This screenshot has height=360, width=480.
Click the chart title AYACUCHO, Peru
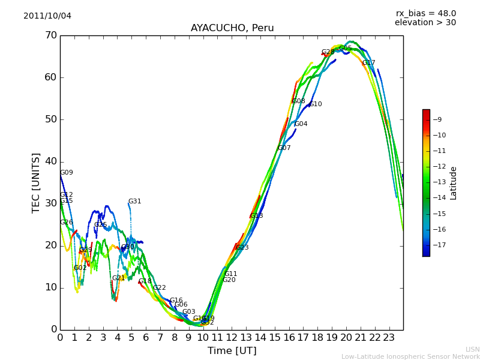[232, 28]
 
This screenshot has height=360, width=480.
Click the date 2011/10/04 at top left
[47, 16]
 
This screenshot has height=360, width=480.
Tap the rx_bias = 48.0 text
[425, 14]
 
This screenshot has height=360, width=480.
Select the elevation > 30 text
[425, 23]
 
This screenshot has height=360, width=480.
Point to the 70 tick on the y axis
[50, 35]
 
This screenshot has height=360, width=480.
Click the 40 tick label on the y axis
[50, 161]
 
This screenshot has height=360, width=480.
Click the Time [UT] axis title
[232, 351]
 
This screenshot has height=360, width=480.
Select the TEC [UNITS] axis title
[36, 182]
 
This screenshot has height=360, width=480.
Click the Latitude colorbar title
[454, 183]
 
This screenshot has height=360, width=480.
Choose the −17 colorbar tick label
[440, 245]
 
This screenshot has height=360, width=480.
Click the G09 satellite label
[67, 173]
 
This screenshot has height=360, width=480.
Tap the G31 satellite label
[135, 202]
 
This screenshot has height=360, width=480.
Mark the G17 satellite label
[369, 63]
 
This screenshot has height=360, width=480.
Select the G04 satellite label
[301, 124]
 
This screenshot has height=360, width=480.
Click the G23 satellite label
[242, 248]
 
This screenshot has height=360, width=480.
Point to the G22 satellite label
[160, 288]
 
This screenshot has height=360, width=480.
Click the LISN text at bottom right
[473, 349]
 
